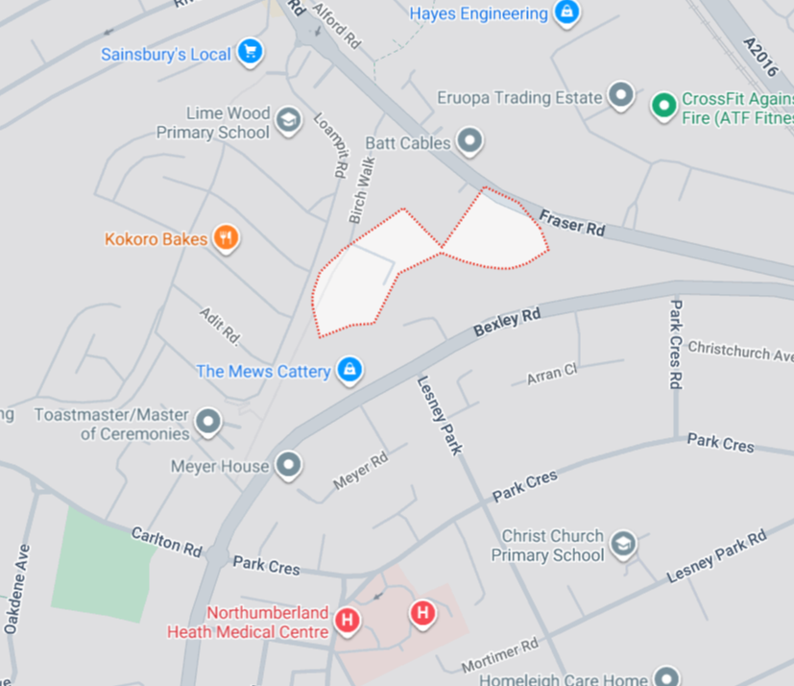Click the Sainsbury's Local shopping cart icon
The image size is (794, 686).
click(x=251, y=52)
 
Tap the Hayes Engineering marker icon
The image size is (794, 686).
click(x=567, y=13)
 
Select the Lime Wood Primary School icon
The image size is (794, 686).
click(x=286, y=122)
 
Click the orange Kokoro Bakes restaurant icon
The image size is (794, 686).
click(x=226, y=237)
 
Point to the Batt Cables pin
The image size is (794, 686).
click(x=469, y=142)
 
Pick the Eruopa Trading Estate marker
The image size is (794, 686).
click(x=622, y=96)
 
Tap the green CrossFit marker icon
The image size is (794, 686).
click(x=663, y=105)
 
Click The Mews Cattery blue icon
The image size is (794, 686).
click(x=349, y=370)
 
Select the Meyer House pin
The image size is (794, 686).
click(x=288, y=467)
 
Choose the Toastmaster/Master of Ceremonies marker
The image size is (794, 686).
click(x=207, y=423)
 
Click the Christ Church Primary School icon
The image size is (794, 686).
click(x=624, y=545)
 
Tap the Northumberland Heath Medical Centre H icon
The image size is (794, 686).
click(x=348, y=621)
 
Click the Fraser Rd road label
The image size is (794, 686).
click(x=571, y=224)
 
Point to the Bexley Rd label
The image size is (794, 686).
click(x=507, y=323)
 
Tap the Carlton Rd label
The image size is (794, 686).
click(x=167, y=542)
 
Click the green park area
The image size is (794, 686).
click(x=102, y=563)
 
